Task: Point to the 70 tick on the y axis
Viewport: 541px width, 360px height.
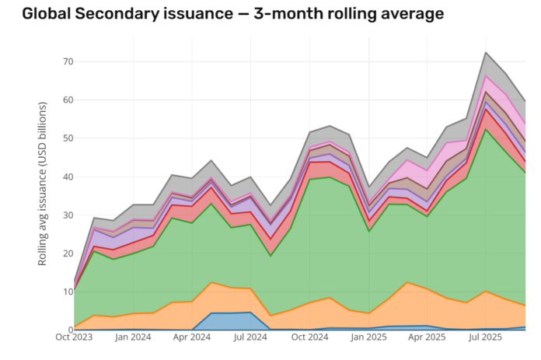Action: (x=68, y=61)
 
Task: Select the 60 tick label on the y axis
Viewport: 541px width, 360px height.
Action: (x=68, y=100)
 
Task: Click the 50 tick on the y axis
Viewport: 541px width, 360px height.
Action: (x=68, y=138)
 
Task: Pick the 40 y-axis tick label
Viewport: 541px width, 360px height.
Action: (x=68, y=177)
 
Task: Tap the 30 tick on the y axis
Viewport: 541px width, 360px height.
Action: (x=68, y=215)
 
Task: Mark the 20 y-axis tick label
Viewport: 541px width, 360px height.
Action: (x=68, y=253)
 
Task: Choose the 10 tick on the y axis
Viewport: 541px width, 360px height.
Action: (x=68, y=292)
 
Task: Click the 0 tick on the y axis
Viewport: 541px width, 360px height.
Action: (x=70, y=330)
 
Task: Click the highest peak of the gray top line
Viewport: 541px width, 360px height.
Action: (x=486, y=53)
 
